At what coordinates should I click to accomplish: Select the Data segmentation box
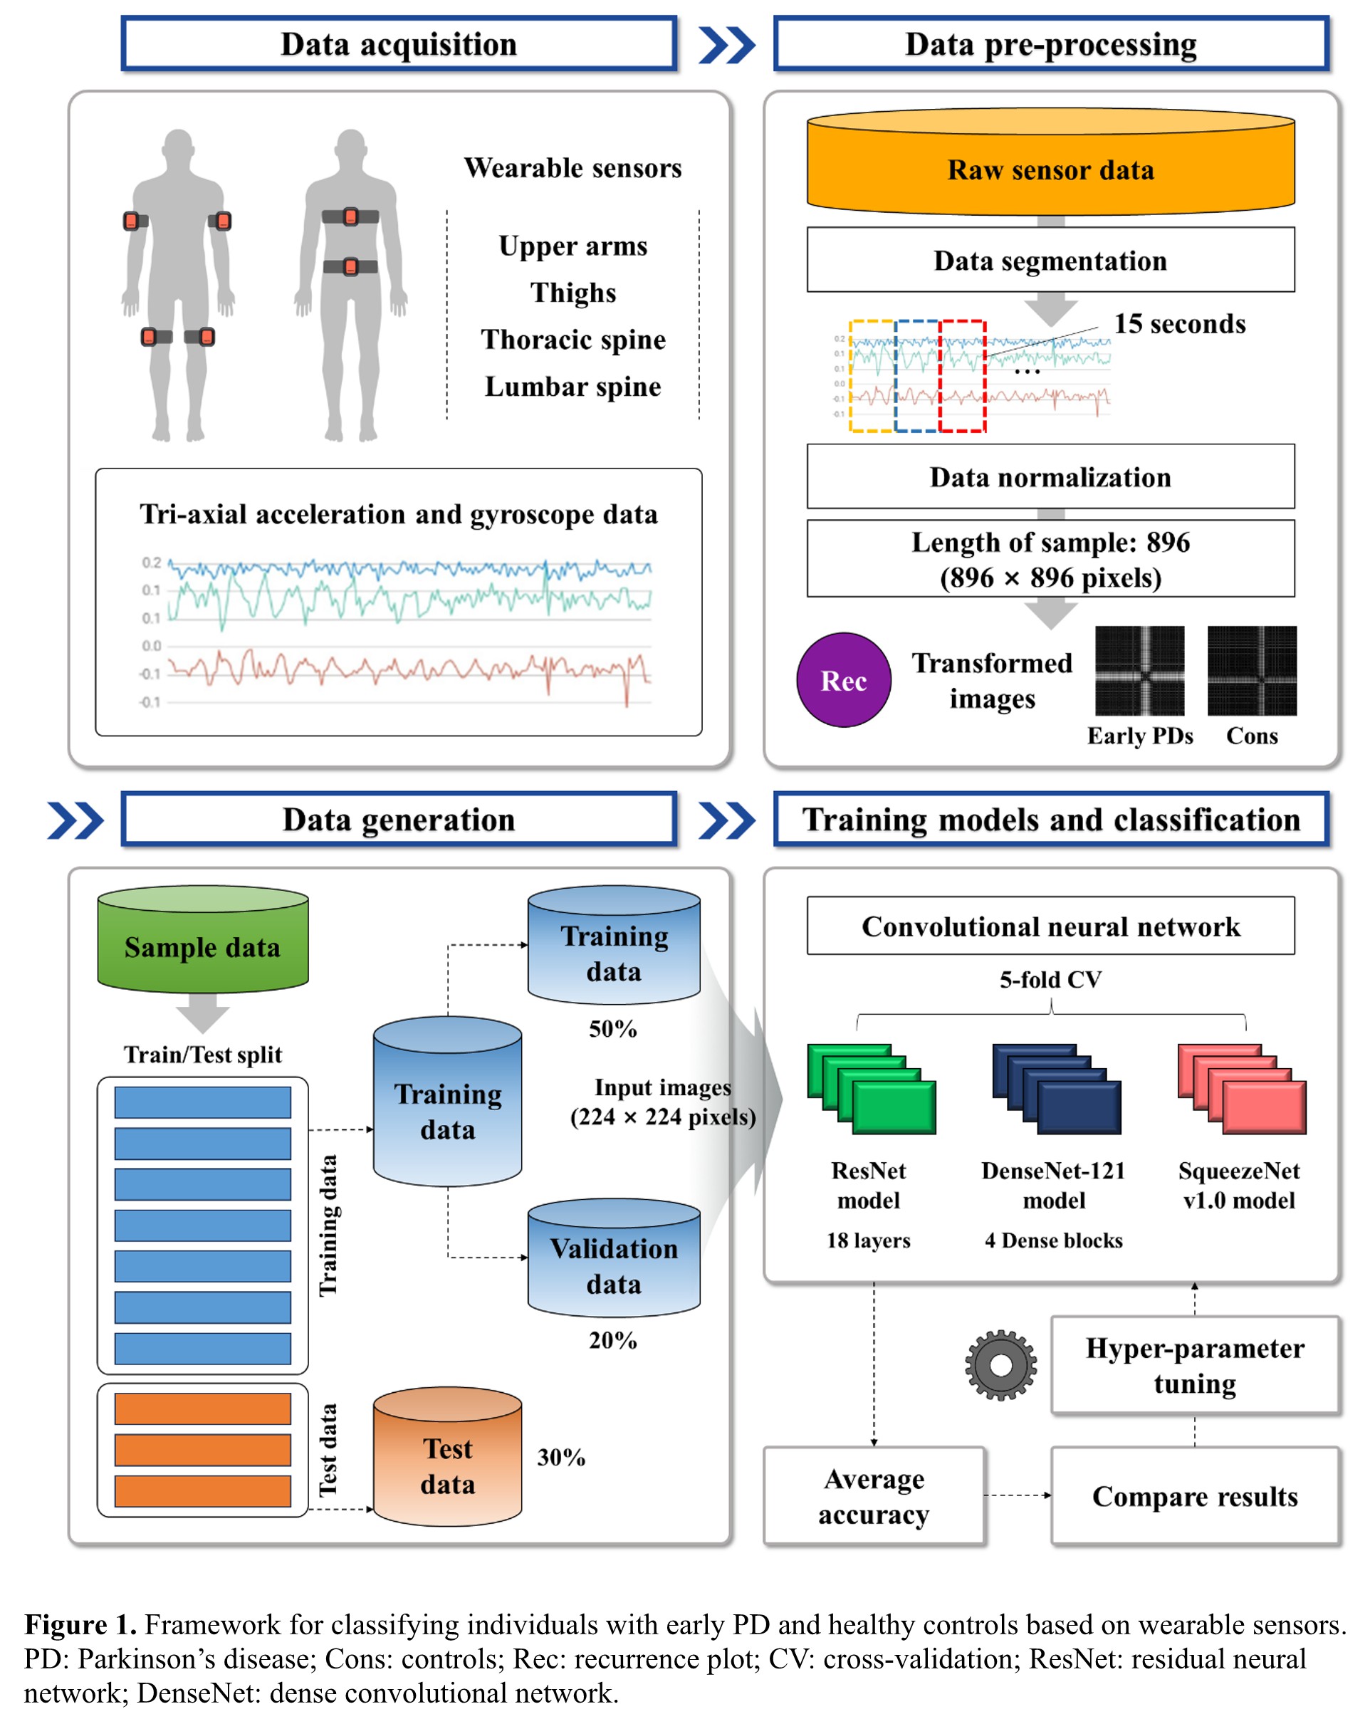point(1050,260)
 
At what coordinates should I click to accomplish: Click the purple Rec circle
point(843,679)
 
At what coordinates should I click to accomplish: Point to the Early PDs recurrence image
point(1139,670)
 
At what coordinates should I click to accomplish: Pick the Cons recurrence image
point(1251,670)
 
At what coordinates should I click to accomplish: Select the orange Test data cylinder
point(446,1458)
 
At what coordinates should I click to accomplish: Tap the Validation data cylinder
point(613,1258)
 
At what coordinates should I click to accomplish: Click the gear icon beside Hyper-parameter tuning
point(1000,1364)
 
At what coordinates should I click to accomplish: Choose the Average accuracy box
point(874,1495)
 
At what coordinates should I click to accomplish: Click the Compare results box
point(1194,1495)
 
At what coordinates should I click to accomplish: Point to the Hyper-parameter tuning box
point(1194,1365)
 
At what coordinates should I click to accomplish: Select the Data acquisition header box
point(399,44)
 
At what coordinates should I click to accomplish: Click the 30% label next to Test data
point(560,1458)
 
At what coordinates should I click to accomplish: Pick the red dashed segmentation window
point(963,376)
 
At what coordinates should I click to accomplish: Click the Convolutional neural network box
point(1050,926)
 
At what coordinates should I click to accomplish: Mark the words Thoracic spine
point(572,340)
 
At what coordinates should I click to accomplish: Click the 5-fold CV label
point(1050,979)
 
